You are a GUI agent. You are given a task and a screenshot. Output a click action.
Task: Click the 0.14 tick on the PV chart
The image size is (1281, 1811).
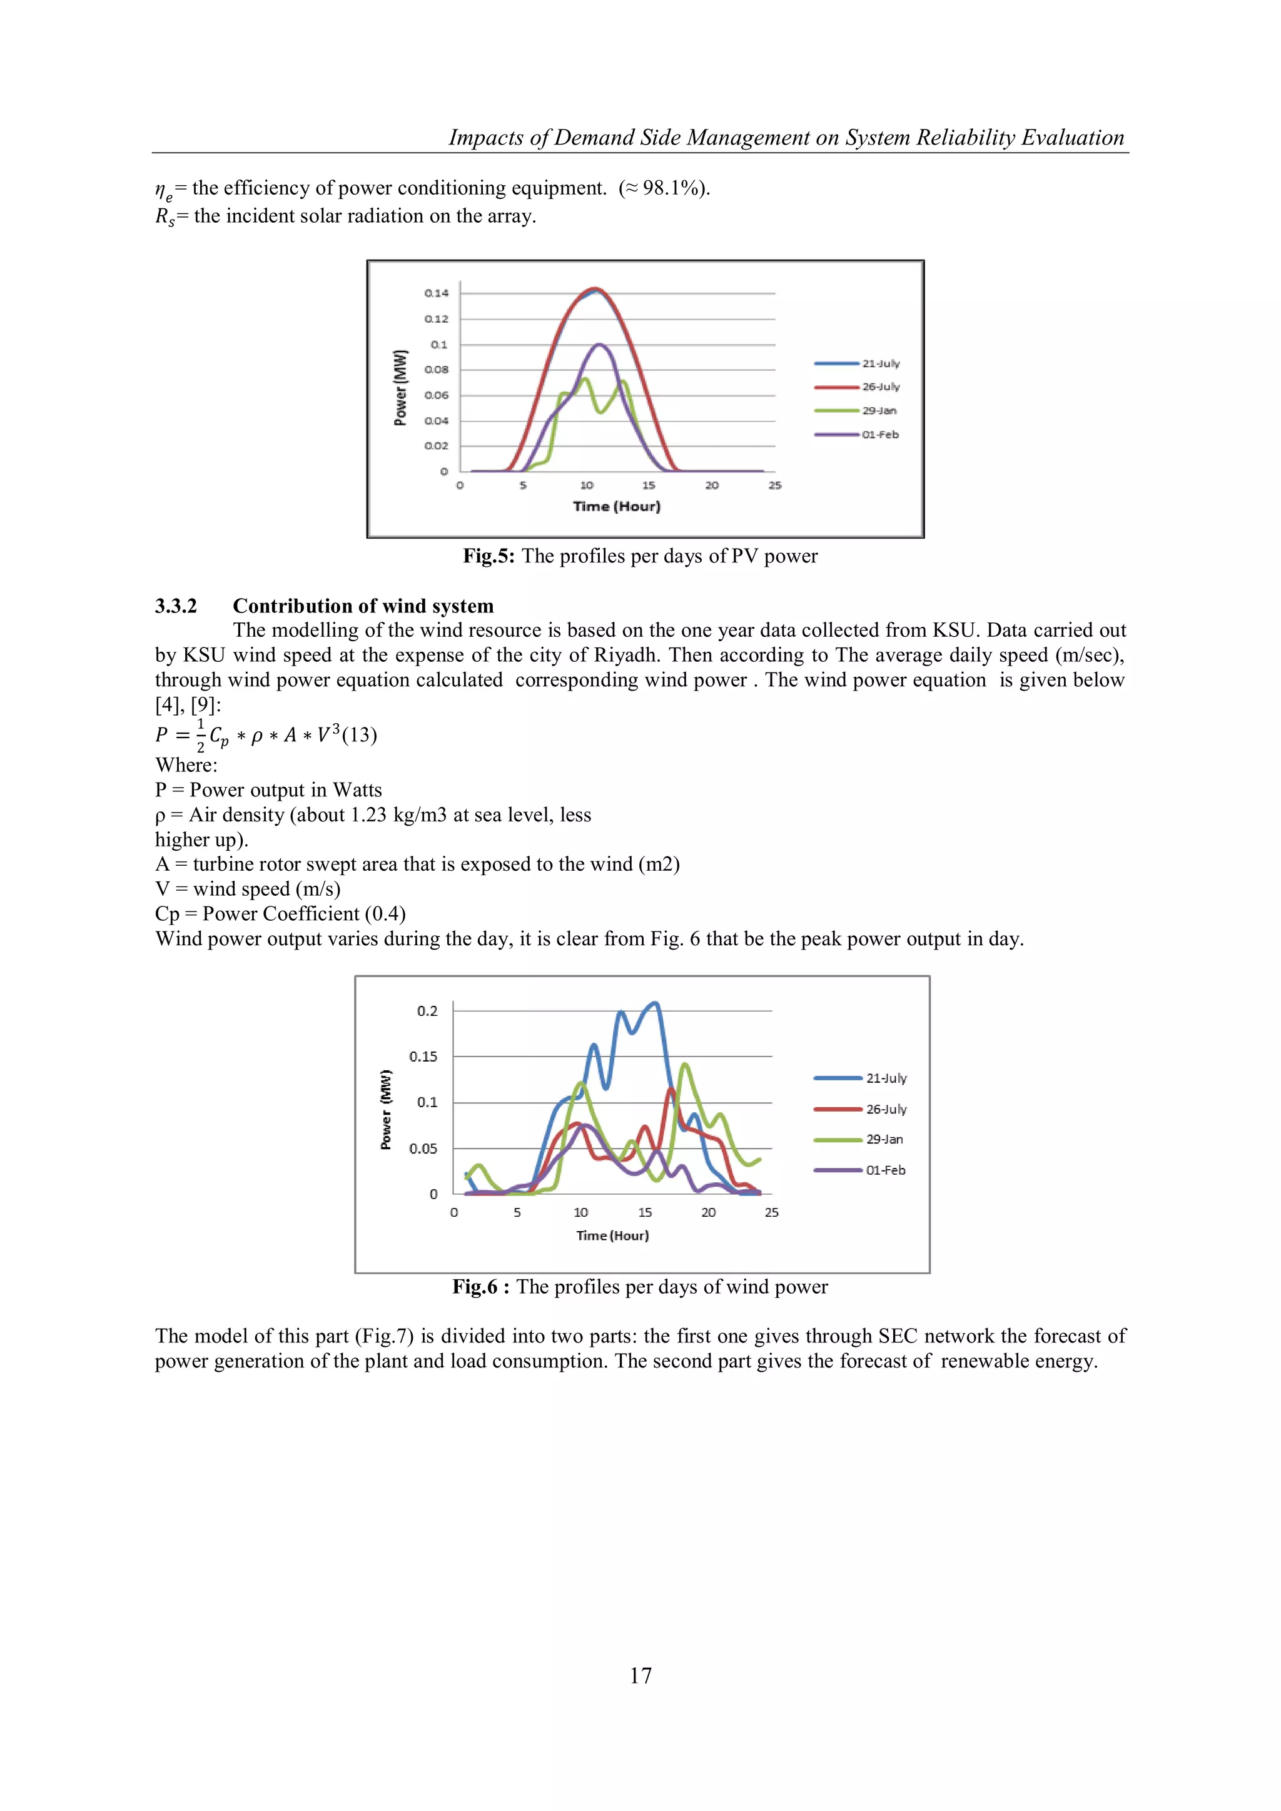pos(436,293)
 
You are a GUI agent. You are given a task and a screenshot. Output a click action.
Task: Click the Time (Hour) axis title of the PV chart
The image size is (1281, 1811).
pos(616,506)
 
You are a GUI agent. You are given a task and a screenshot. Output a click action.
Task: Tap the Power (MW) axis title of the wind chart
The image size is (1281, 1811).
pos(386,1109)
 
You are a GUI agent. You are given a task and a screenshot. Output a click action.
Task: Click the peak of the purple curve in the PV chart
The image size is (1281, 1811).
pos(599,345)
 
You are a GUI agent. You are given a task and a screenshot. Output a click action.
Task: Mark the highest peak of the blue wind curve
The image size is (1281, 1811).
pos(655,1003)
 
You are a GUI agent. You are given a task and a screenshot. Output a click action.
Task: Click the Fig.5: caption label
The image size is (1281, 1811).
pos(489,556)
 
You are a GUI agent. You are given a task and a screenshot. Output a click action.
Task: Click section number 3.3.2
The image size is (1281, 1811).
pos(176,606)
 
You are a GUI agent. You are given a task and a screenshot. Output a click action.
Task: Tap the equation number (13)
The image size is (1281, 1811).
pos(360,735)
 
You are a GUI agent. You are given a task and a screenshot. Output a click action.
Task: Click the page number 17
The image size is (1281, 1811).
pos(640,1675)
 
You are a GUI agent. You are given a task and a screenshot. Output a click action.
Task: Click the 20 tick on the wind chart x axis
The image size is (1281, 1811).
pos(708,1212)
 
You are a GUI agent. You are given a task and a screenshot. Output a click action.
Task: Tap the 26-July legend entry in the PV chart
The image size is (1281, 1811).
pos(880,387)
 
